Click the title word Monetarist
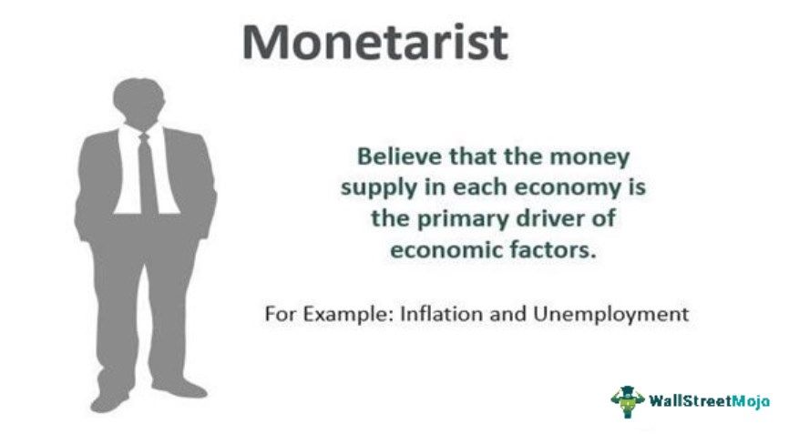[x=374, y=43]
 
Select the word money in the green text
[x=598, y=156]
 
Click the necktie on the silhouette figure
[x=147, y=173]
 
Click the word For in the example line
[x=277, y=314]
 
